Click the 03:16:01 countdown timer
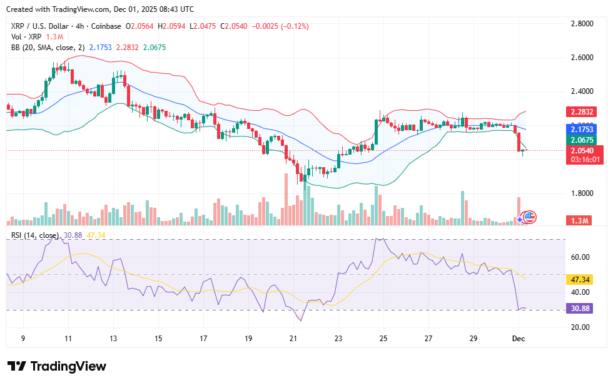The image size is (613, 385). tap(585, 160)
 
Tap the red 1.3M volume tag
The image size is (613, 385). tap(580, 221)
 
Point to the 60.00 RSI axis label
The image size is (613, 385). tap(580, 257)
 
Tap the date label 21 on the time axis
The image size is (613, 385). tap(293, 339)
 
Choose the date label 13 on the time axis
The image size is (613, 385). tap(114, 339)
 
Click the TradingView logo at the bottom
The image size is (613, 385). tap(57, 366)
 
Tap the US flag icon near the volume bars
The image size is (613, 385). tap(529, 217)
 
